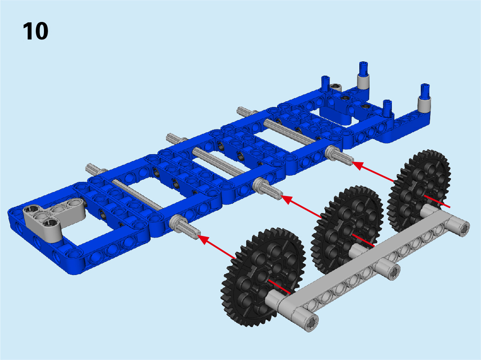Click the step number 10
point(35,31)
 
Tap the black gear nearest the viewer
point(262,277)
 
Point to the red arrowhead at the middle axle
point(287,199)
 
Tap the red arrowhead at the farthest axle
point(358,165)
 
